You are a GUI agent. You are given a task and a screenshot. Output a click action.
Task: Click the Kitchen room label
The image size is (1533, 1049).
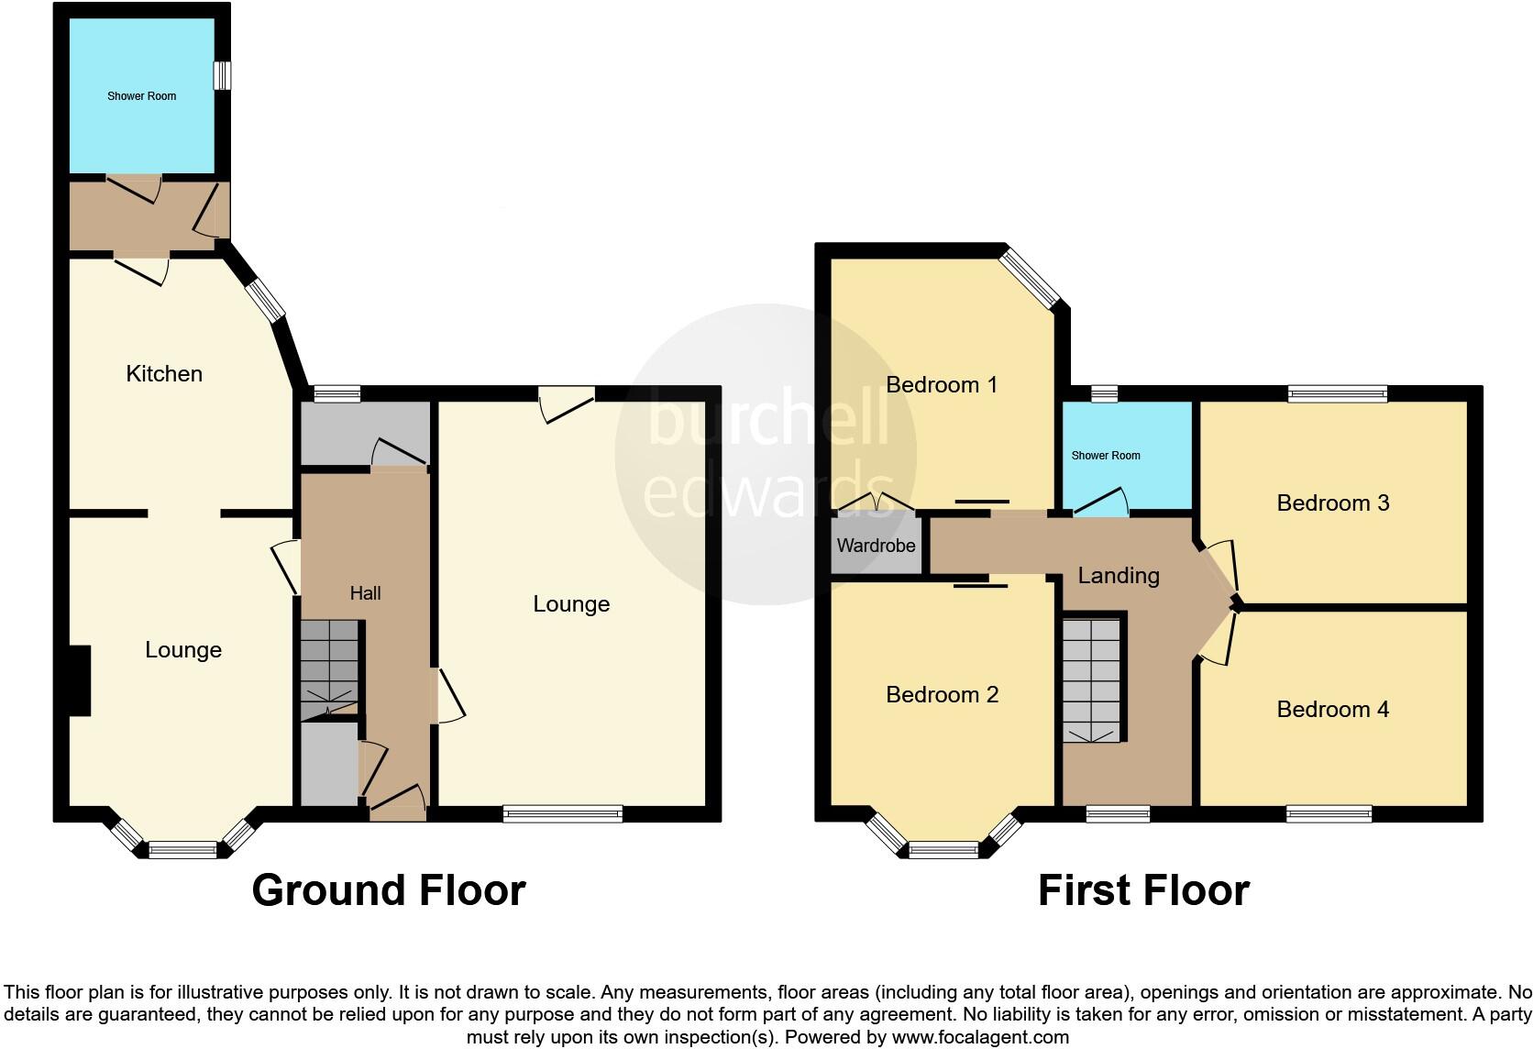click(x=164, y=373)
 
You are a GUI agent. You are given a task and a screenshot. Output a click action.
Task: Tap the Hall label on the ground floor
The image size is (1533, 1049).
click(x=365, y=593)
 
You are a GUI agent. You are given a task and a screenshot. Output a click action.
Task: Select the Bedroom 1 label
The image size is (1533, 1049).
click(x=942, y=384)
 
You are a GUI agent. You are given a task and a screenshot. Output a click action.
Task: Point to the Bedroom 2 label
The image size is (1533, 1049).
click(x=942, y=694)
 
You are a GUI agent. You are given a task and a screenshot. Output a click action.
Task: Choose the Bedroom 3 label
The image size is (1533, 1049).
click(x=1332, y=502)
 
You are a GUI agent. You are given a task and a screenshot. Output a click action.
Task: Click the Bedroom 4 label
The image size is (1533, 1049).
click(x=1332, y=709)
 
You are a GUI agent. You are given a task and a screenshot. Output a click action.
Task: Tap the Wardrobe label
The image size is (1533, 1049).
click(x=876, y=546)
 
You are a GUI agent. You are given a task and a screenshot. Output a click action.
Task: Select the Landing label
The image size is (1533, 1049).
click(x=1118, y=575)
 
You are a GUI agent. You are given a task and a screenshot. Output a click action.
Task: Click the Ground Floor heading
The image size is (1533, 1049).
click(x=388, y=890)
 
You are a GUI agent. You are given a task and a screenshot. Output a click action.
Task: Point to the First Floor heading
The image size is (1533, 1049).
click(x=1143, y=890)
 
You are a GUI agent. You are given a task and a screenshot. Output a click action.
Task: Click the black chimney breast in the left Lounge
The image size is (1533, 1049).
click(x=81, y=680)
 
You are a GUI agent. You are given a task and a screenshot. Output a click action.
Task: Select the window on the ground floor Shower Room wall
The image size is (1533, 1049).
click(x=222, y=75)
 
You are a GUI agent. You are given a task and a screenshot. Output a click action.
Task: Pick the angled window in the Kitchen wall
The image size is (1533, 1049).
click(x=266, y=301)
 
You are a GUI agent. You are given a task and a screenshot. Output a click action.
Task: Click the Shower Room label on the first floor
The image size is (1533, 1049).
click(x=1106, y=456)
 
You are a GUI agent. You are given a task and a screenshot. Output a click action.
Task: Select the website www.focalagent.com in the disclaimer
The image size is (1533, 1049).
click(x=980, y=1038)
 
